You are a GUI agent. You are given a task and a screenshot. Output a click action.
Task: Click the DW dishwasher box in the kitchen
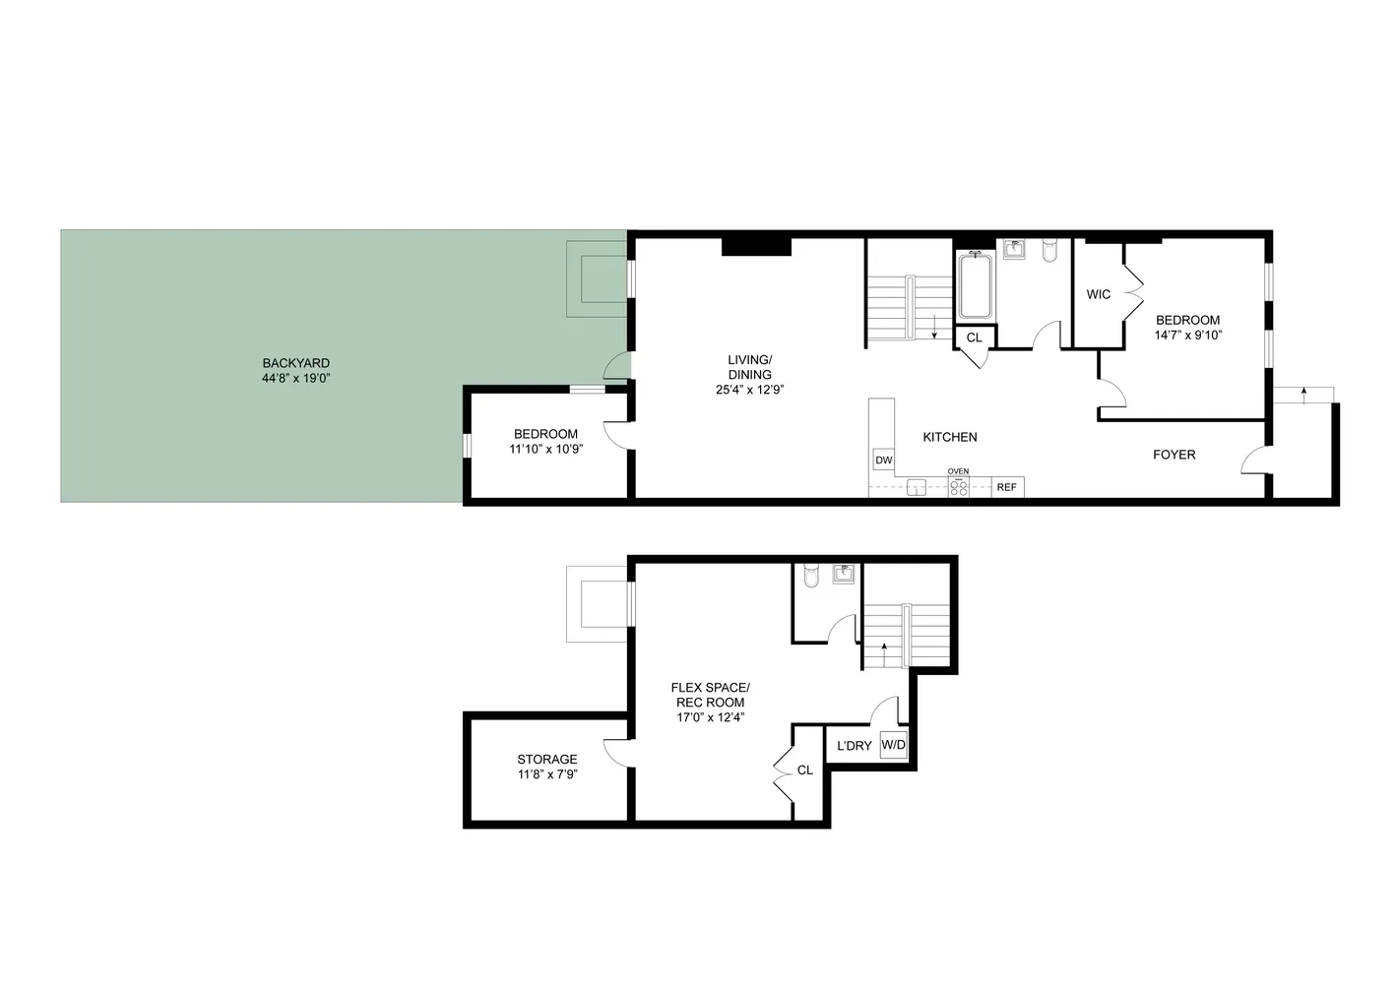[x=883, y=460]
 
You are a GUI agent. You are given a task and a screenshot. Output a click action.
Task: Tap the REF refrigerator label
[x=1006, y=487]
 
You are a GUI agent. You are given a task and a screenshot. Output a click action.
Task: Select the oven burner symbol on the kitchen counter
[x=958, y=487]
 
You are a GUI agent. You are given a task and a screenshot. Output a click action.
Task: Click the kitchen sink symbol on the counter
[x=917, y=487]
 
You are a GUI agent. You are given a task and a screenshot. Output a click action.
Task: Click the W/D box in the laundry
[x=893, y=745]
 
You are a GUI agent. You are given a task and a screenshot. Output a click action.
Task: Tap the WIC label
[x=1099, y=294]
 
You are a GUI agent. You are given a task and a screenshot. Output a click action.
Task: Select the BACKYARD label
[x=295, y=363]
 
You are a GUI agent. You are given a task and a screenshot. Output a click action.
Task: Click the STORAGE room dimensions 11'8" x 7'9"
[x=546, y=774]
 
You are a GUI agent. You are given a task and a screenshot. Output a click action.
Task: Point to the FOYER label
[x=1174, y=455]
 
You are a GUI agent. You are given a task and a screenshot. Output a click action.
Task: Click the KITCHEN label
[x=949, y=437]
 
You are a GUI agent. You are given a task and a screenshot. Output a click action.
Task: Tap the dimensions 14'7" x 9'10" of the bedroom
[x=1187, y=335]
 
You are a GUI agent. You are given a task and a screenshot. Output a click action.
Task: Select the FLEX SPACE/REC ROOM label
[x=710, y=695]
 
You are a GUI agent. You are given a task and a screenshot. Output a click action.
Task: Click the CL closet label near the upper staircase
[x=974, y=338]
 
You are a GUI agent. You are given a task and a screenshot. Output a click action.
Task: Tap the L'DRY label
[x=854, y=746]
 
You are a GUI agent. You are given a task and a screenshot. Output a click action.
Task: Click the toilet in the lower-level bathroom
[x=810, y=575]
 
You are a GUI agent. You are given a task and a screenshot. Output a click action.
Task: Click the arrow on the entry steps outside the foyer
[x=1303, y=394]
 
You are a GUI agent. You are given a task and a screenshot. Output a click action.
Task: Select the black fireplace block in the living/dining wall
[x=756, y=246]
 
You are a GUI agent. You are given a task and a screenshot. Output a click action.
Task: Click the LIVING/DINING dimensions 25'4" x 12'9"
[x=749, y=390]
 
